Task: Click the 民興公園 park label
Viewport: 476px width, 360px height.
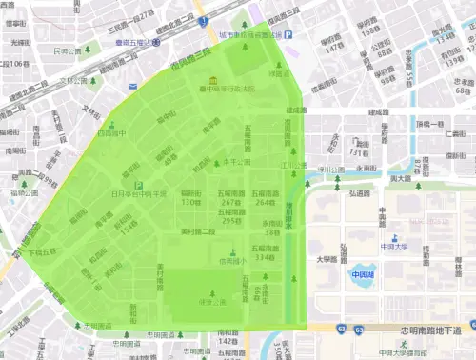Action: pyautogui.click(x=68, y=50)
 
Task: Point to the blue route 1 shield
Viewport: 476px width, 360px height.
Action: pyautogui.click(x=205, y=19)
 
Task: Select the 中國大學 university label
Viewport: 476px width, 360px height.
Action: pyautogui.click(x=393, y=247)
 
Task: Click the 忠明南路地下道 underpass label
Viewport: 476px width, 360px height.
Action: pyautogui.click(x=421, y=330)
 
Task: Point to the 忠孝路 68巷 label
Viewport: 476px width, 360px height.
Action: pyautogui.click(x=463, y=88)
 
